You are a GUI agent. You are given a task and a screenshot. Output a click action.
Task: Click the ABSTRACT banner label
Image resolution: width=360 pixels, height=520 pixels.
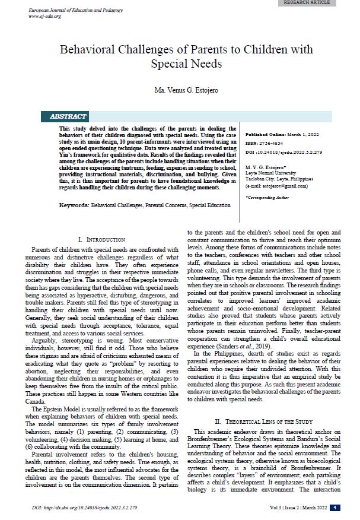click(x=68, y=116)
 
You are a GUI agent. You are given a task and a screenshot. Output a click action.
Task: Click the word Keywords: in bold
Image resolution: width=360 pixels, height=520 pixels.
click(x=74, y=205)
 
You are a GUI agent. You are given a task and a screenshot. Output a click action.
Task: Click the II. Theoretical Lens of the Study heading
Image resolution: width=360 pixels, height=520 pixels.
click(x=263, y=404)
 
